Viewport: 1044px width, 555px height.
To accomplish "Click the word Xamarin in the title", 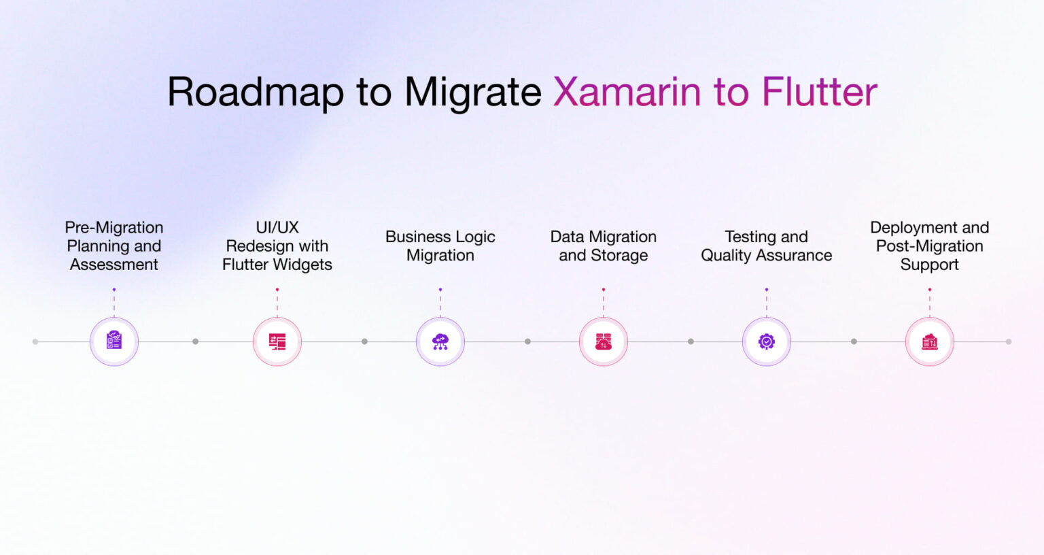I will pos(626,92).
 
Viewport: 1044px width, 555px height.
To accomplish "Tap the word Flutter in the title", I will pos(819,92).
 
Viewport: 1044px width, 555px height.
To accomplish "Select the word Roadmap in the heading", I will pos(255,92).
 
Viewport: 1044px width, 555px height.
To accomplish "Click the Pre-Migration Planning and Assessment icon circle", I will pos(114,341).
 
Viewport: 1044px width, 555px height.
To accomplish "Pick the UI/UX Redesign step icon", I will pos(277,341).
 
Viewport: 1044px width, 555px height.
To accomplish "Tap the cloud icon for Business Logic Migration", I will pos(440,341).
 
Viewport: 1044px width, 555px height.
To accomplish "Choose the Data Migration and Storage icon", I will pos(604,341).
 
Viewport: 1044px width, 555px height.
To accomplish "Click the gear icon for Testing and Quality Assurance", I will pos(767,341).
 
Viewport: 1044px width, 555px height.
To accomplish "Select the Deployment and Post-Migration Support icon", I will pos(930,341).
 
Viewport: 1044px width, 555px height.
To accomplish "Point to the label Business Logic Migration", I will pos(440,246).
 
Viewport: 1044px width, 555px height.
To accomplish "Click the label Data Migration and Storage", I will pos(604,246).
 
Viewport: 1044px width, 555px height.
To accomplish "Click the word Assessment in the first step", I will pos(114,265).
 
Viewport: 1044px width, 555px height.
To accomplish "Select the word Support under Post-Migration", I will pos(930,265).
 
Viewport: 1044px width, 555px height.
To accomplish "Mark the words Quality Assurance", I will pos(767,256).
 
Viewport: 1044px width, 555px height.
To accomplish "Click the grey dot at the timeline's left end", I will pos(35,341).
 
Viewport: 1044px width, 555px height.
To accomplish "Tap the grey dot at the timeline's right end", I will pos(1009,341).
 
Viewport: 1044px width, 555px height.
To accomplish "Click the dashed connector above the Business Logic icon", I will pos(440,303).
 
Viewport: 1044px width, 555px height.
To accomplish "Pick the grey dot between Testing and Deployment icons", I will pos(854,341).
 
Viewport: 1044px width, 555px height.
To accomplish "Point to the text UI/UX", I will pos(277,227).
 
